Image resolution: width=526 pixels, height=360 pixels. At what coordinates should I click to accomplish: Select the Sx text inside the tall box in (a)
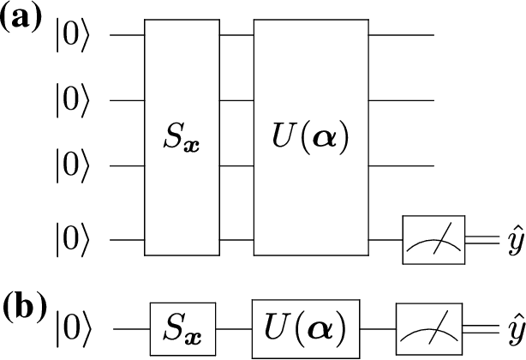click(x=181, y=139)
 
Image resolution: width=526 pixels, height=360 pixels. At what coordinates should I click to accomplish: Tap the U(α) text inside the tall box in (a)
click(x=310, y=139)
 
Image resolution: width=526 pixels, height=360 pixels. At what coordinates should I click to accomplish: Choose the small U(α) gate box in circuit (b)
click(x=307, y=327)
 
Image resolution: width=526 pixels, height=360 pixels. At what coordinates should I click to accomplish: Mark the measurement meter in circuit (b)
click(x=427, y=327)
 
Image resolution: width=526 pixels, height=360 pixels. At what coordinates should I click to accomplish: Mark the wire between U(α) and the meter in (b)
click(x=379, y=327)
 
